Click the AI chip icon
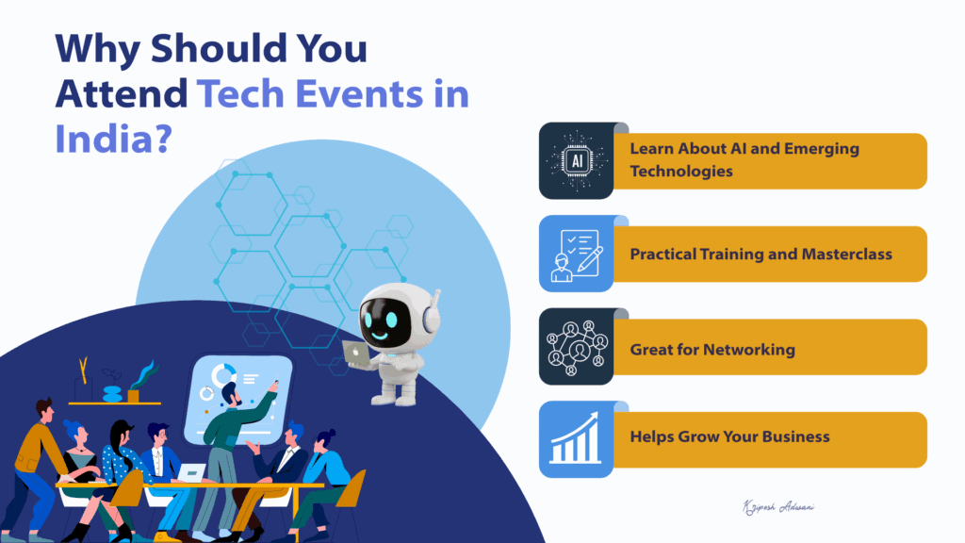coord(577,160)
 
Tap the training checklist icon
coord(577,254)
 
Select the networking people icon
coord(577,347)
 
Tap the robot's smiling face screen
coord(388,313)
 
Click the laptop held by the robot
coord(356,354)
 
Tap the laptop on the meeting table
coord(191,474)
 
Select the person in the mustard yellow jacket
coord(36,462)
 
